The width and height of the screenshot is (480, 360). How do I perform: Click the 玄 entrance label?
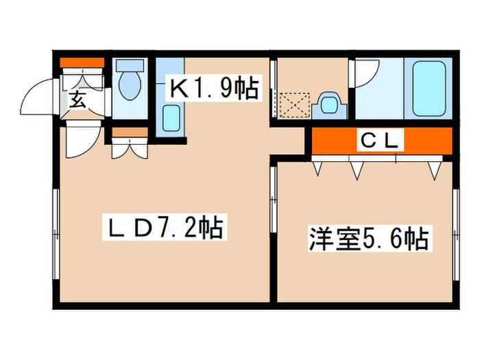(x=77, y=101)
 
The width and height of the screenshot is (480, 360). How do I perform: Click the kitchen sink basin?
(x=171, y=118)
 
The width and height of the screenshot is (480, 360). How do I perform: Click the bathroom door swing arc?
(x=369, y=74)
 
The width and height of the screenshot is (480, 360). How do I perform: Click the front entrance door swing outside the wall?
(x=38, y=99)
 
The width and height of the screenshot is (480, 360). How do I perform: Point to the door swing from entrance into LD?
(x=80, y=141)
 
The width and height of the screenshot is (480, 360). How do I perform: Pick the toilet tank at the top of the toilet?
(x=128, y=66)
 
